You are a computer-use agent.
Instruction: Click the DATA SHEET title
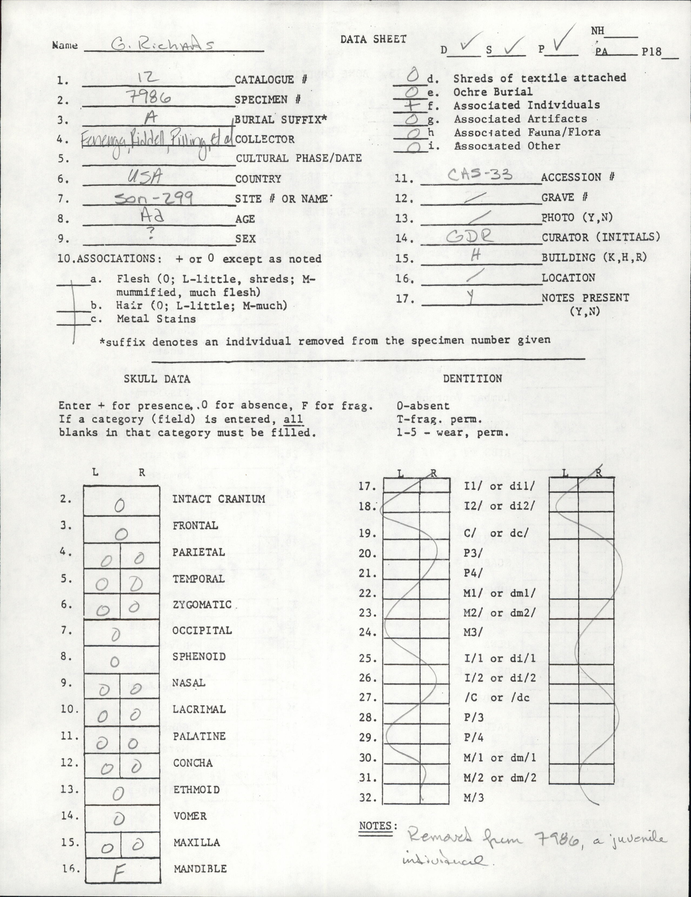click(x=373, y=39)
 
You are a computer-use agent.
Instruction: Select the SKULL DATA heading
click(x=157, y=379)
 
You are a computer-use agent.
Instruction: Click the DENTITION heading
click(x=472, y=378)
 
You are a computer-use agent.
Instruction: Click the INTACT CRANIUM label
click(x=219, y=499)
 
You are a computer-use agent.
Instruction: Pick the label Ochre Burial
click(x=493, y=92)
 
